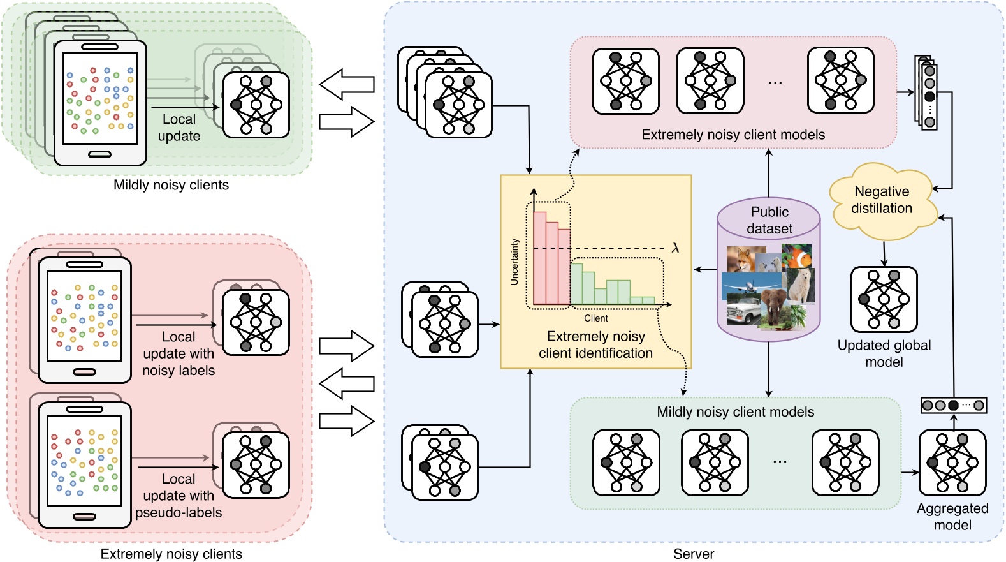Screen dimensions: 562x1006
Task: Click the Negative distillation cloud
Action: click(882, 200)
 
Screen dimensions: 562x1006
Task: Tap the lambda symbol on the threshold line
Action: click(675, 248)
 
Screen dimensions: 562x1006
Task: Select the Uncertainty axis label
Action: click(514, 262)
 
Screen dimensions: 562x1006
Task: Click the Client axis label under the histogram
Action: click(595, 318)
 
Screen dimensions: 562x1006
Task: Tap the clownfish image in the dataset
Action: click(798, 257)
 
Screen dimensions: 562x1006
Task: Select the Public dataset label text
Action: click(769, 220)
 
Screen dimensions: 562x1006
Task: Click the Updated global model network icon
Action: click(884, 299)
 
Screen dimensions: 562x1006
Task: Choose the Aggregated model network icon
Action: click(952, 462)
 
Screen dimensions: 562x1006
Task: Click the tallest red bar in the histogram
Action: click(539, 258)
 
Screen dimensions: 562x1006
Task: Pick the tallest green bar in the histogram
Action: click(576, 284)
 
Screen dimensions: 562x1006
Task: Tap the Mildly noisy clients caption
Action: click(171, 185)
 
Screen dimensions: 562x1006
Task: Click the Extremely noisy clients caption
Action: click(171, 554)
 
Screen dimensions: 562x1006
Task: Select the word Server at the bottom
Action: click(694, 554)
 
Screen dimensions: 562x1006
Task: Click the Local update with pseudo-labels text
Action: click(179, 496)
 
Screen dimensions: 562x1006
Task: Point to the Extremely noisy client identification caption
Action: click(595, 344)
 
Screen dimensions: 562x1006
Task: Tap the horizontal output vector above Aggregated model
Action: click(953, 405)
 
